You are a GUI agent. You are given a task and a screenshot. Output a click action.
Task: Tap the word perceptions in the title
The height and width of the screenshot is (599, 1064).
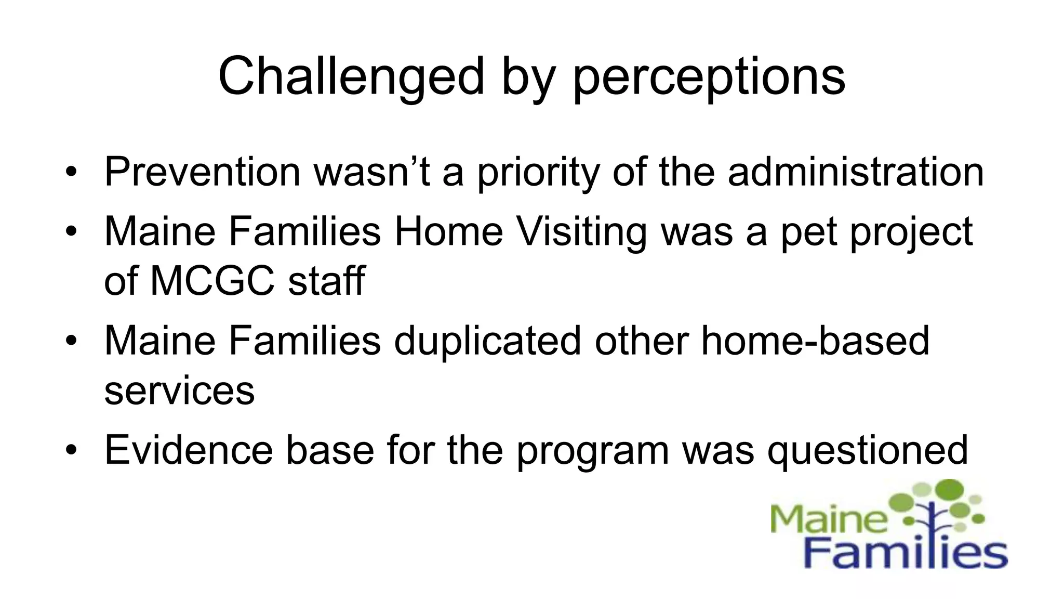pos(709,77)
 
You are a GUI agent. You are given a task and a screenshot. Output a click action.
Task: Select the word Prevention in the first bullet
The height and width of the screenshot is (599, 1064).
pos(203,172)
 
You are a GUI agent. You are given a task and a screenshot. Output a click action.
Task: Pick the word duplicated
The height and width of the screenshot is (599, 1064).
pos(487,341)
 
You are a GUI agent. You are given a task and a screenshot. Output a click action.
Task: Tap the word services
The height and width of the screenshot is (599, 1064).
pos(179,391)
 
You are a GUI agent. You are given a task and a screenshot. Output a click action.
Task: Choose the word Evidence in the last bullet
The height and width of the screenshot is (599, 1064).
pos(189,450)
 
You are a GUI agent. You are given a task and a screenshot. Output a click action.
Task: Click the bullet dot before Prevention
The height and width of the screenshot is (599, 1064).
pos(71,172)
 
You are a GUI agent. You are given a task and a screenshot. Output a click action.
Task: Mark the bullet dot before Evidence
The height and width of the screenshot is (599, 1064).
pos(71,450)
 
